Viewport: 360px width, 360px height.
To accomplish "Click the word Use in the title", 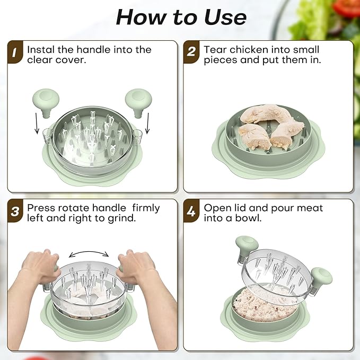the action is click(x=225, y=17).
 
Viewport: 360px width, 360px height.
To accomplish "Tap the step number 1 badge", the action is click(x=15, y=52).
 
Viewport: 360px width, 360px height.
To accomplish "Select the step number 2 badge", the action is click(x=191, y=52).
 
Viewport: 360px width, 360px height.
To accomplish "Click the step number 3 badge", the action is click(x=15, y=211).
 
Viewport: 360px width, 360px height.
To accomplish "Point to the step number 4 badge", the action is click(x=191, y=211).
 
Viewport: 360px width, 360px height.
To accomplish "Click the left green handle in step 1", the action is click(x=46, y=102).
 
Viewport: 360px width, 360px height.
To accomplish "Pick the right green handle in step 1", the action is click(x=138, y=102).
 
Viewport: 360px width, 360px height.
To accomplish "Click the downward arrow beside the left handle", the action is click(x=37, y=124).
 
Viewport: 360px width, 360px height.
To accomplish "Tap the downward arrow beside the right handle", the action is click(x=147, y=124).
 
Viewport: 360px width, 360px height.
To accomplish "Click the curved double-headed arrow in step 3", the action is click(x=89, y=252).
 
